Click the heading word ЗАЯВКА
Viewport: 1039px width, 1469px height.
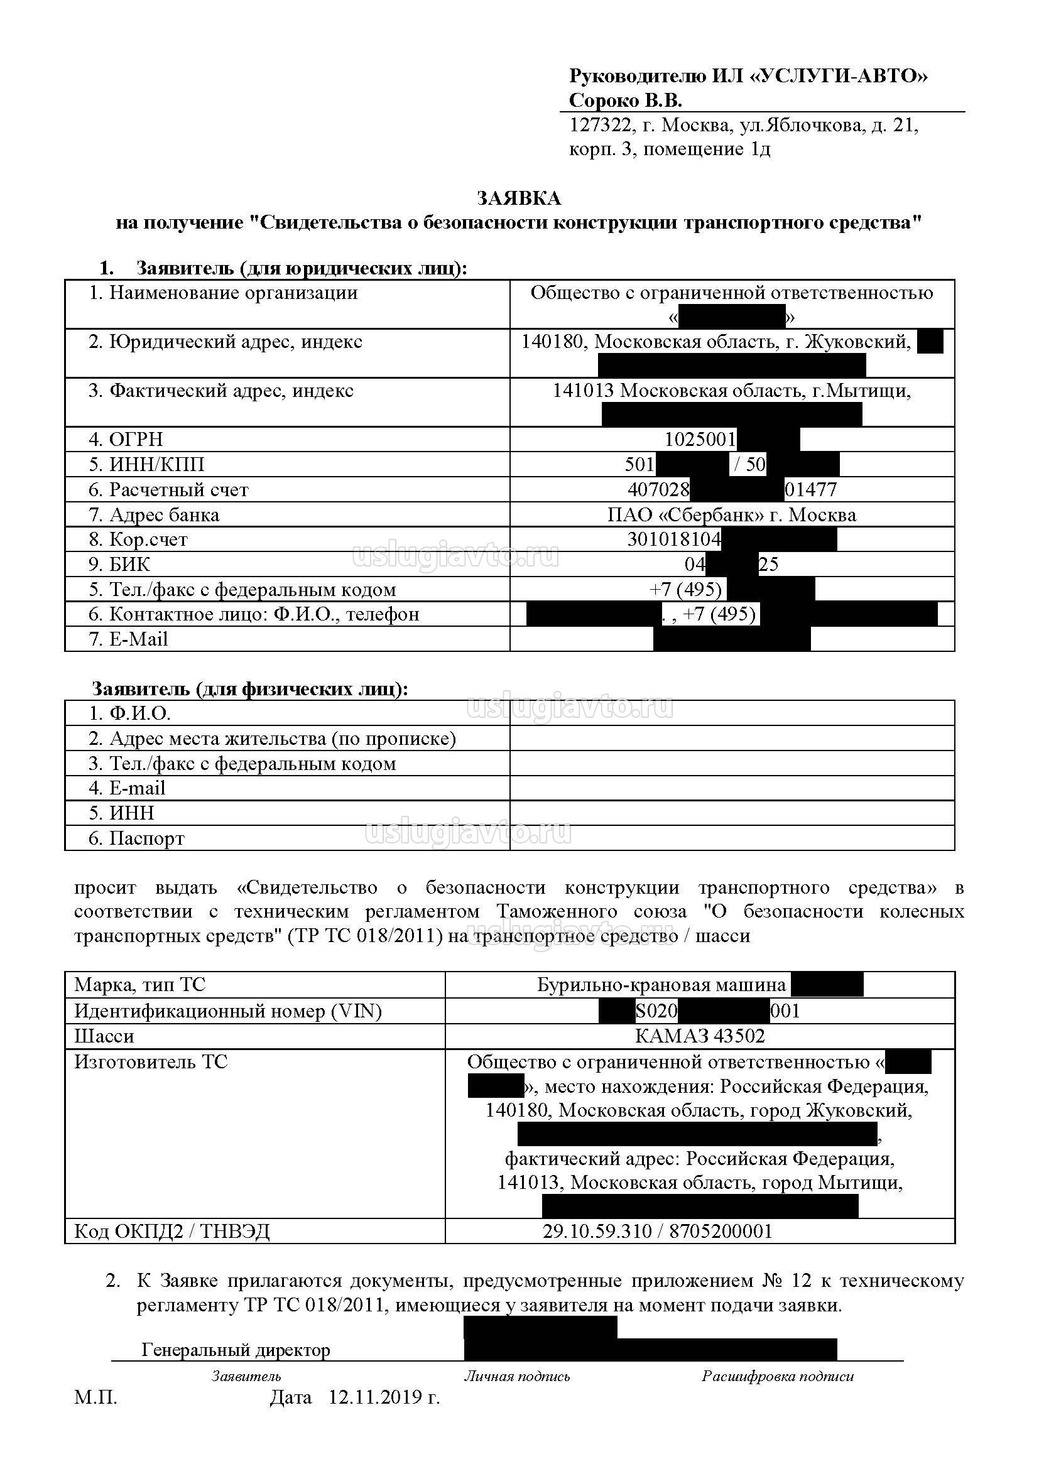point(519,198)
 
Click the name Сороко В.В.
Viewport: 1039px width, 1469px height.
point(625,100)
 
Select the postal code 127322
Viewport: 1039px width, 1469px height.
point(599,126)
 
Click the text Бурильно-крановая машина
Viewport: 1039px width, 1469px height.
point(661,985)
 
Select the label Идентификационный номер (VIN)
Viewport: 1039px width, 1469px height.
point(228,1011)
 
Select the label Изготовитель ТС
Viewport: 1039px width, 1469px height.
point(151,1062)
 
